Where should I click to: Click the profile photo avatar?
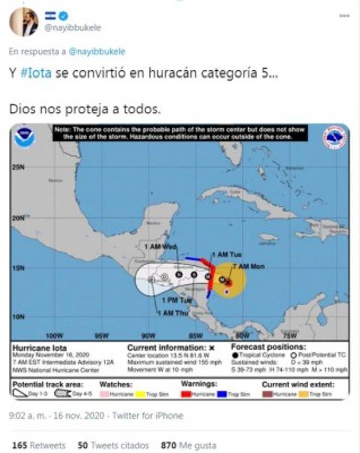point(24,22)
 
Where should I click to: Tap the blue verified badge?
point(63,16)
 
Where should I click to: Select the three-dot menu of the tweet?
point(344,16)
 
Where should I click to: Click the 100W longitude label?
point(54,335)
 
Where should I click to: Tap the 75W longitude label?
point(289,335)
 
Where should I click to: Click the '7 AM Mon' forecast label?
point(249,266)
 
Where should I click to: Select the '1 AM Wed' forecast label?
point(160,246)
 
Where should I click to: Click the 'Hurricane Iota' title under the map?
point(39,348)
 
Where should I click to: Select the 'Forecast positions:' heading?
point(268,347)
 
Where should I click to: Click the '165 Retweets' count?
point(39,445)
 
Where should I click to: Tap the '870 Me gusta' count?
point(189,445)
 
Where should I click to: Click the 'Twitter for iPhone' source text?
point(147,416)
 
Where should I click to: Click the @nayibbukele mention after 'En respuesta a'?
point(97,51)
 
